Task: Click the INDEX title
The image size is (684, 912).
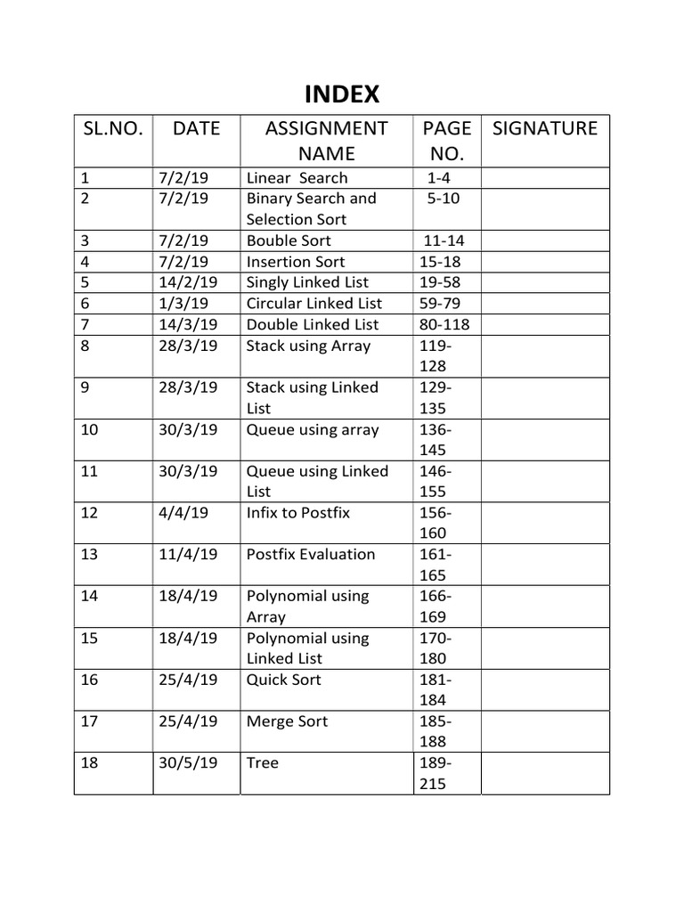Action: point(342,94)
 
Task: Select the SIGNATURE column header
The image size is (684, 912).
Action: point(545,128)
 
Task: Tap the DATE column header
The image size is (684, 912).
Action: point(196,128)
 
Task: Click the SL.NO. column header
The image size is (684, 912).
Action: point(112,128)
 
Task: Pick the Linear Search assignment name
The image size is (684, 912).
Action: point(297,178)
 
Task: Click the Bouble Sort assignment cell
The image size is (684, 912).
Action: point(289,240)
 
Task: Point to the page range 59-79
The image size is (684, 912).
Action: point(440,304)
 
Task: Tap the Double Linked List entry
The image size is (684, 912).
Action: point(313,324)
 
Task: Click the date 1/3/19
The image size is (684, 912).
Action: point(181,304)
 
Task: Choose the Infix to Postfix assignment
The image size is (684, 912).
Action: point(298,512)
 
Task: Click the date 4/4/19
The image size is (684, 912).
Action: point(181,512)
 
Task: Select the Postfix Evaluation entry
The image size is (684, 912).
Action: point(311,554)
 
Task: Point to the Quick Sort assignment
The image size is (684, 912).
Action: point(284,680)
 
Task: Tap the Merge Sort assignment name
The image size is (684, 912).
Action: point(287,721)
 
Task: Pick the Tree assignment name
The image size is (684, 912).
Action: point(263,763)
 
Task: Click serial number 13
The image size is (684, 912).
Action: point(89,554)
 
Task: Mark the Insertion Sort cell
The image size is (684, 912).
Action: point(296,262)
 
